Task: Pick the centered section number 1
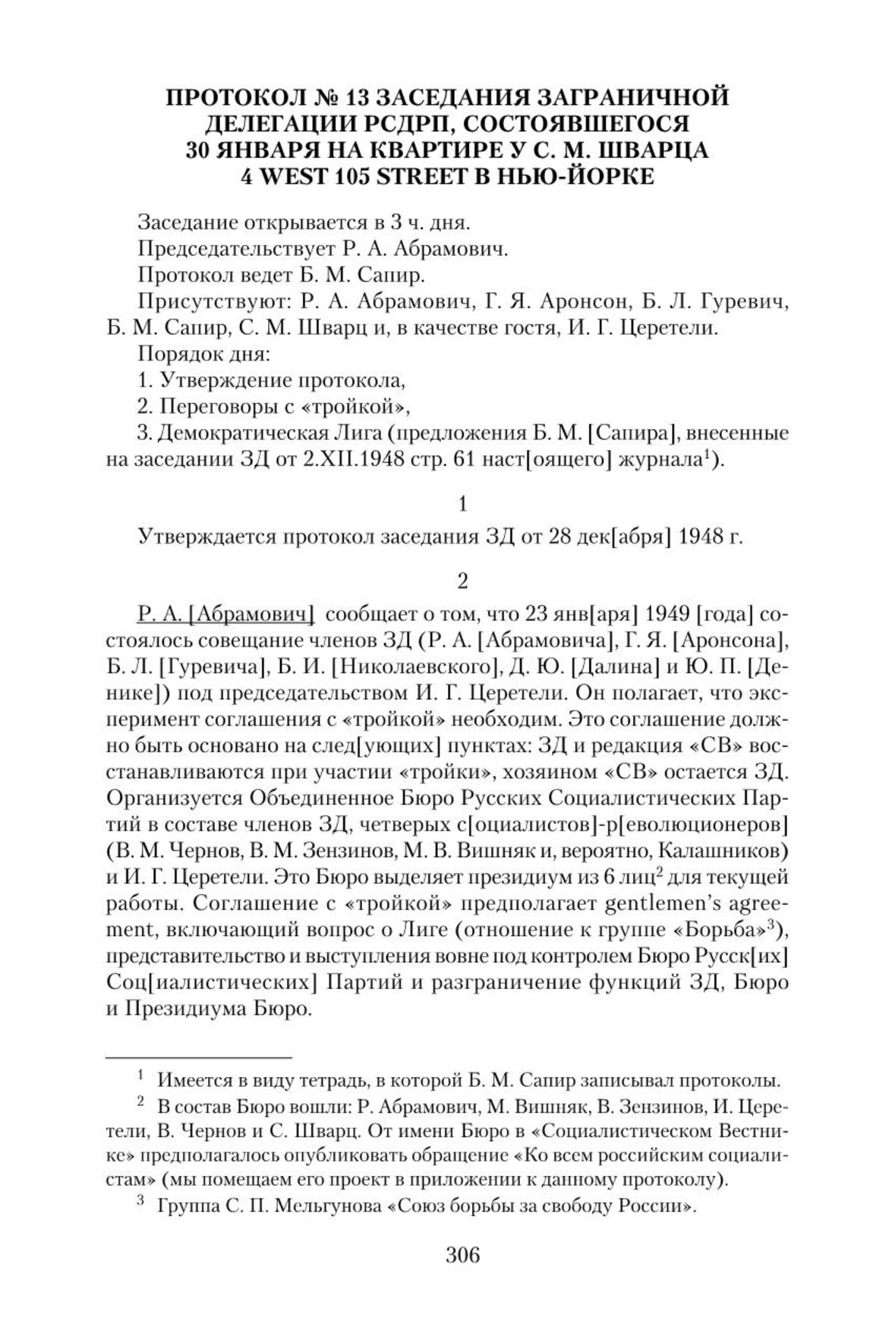point(462,504)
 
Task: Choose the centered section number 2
point(462,581)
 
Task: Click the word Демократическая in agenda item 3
point(237,433)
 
